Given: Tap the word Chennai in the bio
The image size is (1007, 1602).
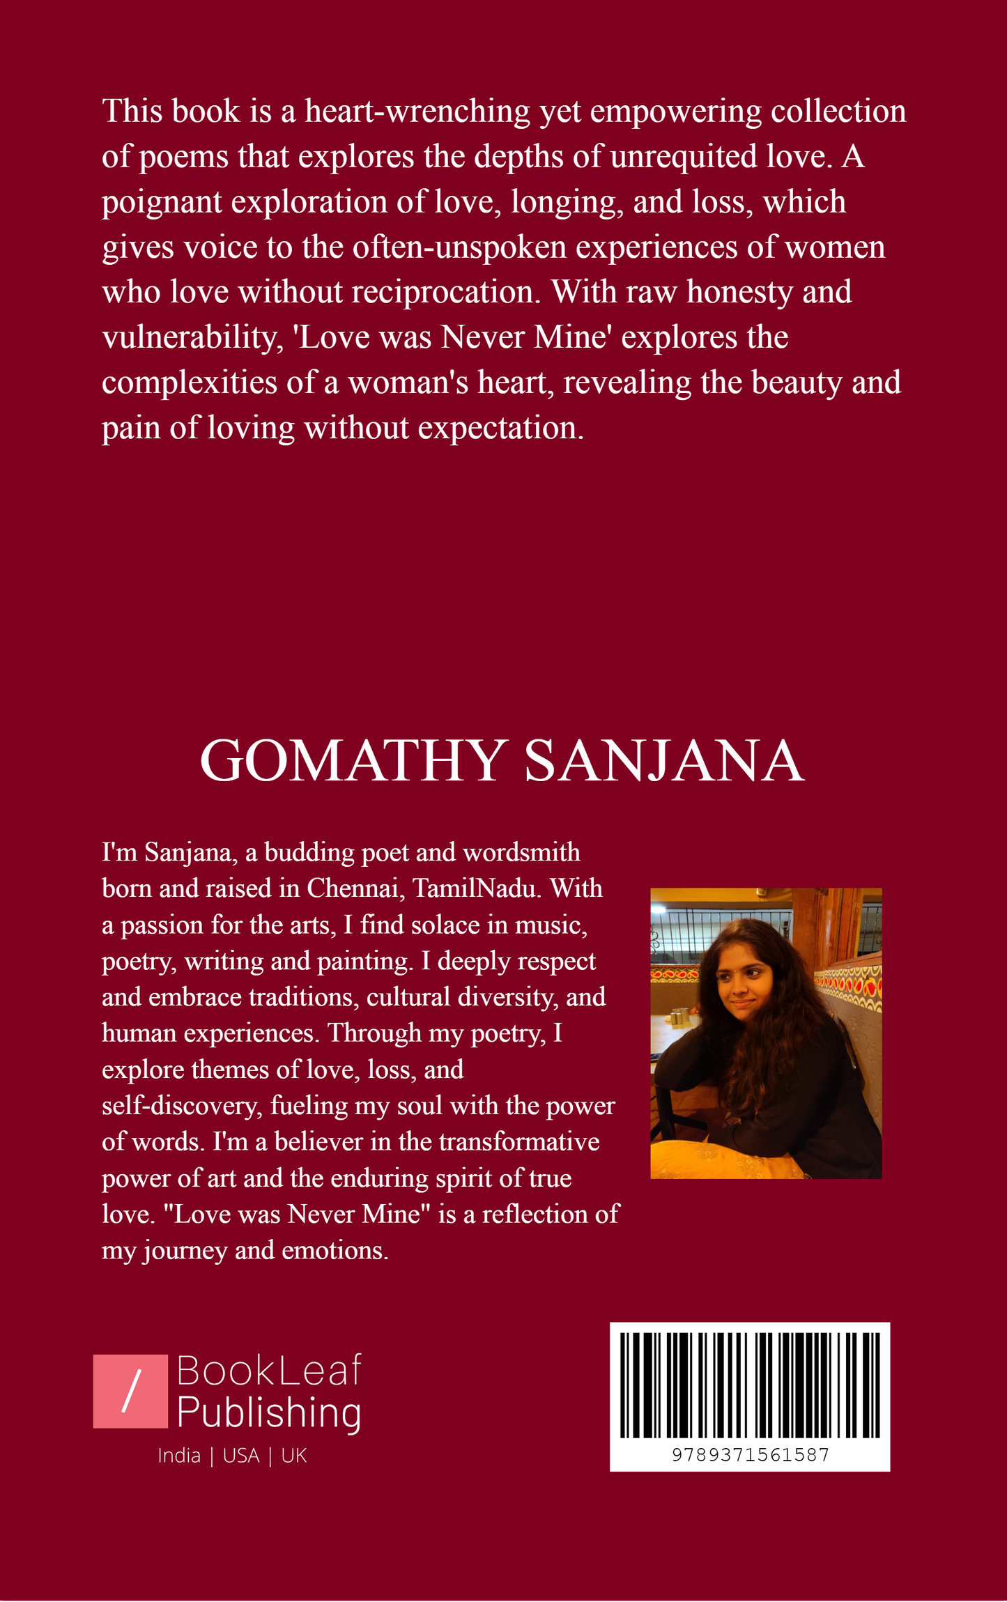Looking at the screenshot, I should (355, 888).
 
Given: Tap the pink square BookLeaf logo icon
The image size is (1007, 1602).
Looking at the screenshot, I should (130, 1391).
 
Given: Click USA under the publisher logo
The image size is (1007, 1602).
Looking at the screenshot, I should (241, 1456).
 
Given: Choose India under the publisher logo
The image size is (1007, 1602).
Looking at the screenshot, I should (179, 1456).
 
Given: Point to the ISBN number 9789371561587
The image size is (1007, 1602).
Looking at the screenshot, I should (750, 1455).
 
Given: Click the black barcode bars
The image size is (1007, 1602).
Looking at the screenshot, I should (750, 1385).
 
